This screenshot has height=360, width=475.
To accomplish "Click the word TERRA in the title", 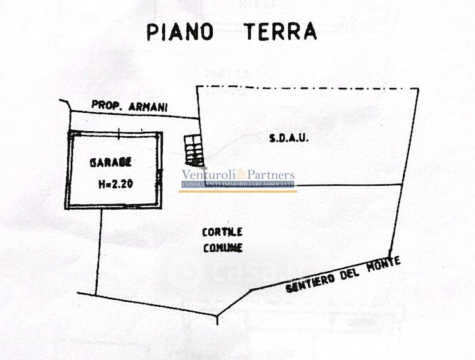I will coord(279,31).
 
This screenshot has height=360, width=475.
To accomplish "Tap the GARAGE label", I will coord(111,162).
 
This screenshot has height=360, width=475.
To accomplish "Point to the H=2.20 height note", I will coord(115,184).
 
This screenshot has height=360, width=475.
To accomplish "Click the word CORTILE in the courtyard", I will coord(222,232).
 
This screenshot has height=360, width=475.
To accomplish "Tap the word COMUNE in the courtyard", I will coord(223,248).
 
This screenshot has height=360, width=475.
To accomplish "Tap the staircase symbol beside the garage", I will coord(192,149).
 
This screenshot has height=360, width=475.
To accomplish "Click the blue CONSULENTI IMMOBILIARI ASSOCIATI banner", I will coord(238,184).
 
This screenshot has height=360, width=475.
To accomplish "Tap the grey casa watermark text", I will coord(244,271).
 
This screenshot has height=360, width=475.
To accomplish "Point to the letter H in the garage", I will coord(101,184).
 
